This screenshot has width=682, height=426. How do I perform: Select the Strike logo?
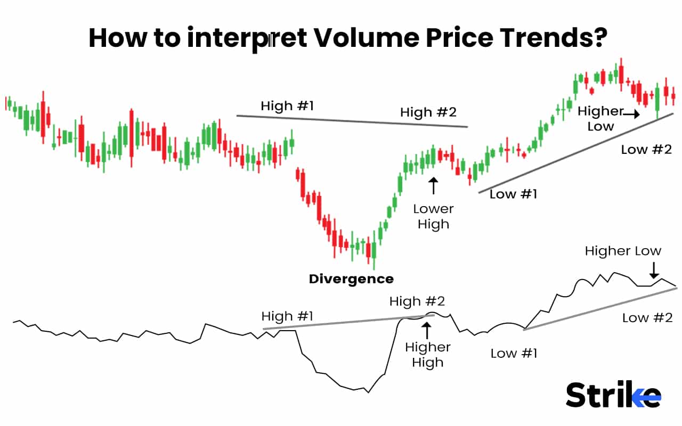point(613,395)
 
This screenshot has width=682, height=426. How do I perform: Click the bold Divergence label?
point(351,278)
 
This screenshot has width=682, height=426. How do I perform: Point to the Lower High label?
point(433,216)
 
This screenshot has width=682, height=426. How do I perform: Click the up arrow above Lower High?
point(433,186)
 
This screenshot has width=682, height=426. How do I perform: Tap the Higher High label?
point(427,355)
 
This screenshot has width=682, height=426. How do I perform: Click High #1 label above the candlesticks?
point(287,106)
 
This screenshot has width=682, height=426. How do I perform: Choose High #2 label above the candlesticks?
point(428,112)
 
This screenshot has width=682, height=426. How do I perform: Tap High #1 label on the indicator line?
point(287,316)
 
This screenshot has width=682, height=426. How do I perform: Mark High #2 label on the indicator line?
point(417,301)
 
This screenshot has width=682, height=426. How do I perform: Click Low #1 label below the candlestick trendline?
point(513,194)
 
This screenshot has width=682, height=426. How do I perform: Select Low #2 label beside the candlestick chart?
point(646,150)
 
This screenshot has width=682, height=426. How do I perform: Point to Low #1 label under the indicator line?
point(514,353)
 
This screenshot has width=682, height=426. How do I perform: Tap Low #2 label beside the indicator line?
point(647,318)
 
